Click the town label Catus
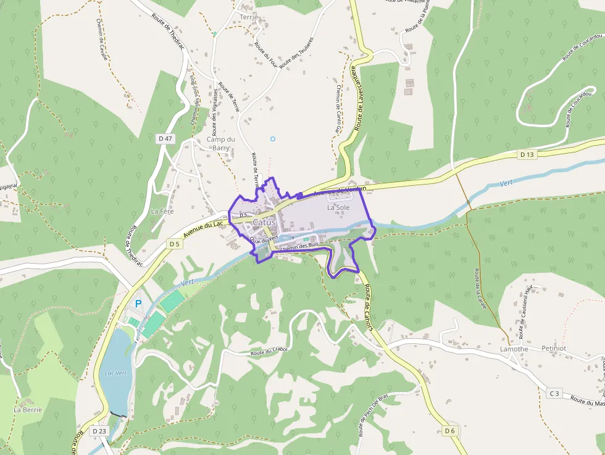coord(264,222)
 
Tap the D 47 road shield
coord(165,139)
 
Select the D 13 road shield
coord(526,154)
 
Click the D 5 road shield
coord(174,244)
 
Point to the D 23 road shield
coord(99,430)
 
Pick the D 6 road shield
coord(449,430)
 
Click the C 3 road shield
coord(554,393)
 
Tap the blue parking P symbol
coord(138,304)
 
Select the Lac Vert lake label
coord(115,373)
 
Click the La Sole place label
coord(338,208)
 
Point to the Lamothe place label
coord(514,349)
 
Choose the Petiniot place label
coord(553,348)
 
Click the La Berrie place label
coord(28,409)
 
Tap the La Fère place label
coord(162,211)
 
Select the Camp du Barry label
coord(220,143)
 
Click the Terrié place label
coord(249,17)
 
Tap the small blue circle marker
coord(272,139)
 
